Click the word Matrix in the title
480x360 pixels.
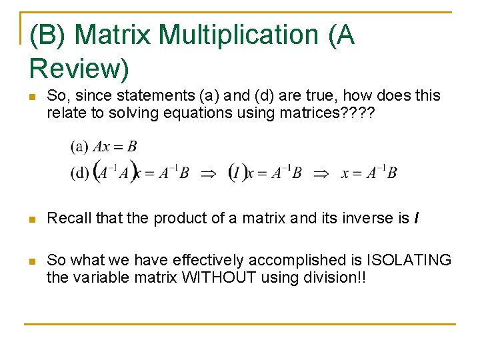tap(118, 35)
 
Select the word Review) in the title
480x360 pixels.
tap(79, 68)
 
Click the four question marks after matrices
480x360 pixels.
tap(358, 113)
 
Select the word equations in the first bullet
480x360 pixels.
tap(199, 113)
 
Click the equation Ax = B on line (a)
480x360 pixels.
tap(115, 146)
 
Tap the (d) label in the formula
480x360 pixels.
tap(79, 173)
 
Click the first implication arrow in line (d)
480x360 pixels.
tap(208, 173)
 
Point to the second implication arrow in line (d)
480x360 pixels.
tap(321, 173)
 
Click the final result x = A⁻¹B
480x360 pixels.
tap(369, 173)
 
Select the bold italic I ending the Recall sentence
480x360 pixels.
tap(416, 218)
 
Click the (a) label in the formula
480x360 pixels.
tap(79, 146)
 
